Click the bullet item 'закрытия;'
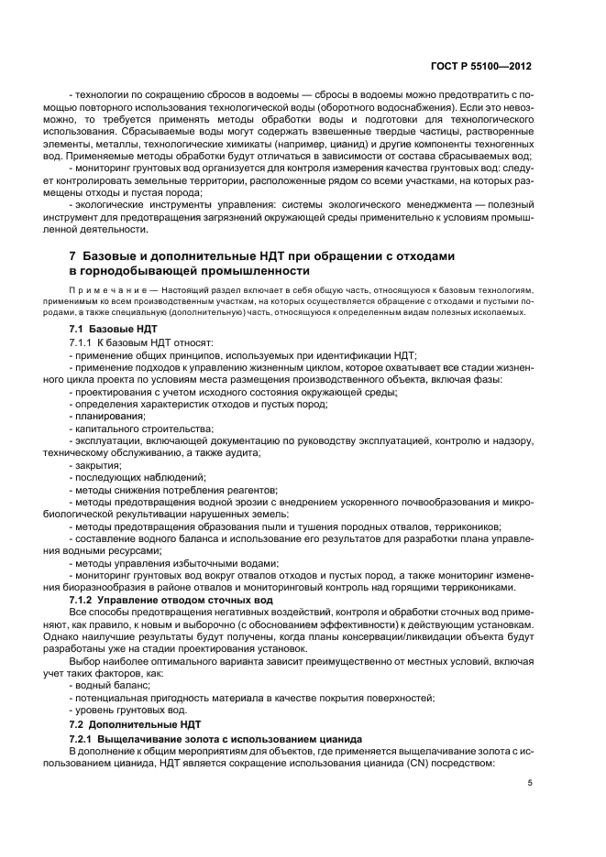101,465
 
